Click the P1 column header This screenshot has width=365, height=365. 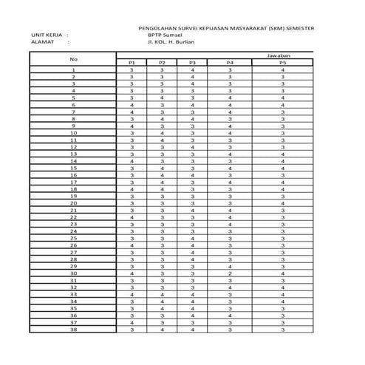click(132, 64)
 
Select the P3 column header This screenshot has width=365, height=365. click(192, 64)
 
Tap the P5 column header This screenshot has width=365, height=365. click(283, 64)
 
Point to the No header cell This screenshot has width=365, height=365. click(73, 59)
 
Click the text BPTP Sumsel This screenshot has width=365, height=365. click(165, 35)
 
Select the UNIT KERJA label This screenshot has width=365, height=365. click(47, 35)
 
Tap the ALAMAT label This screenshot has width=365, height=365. click(43, 42)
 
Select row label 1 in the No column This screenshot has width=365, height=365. click(73, 70)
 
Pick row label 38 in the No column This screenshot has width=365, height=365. click(73, 330)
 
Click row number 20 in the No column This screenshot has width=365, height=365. click(73, 203)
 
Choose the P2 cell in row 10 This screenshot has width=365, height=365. click(161, 133)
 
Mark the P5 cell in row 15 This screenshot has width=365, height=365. click(283, 168)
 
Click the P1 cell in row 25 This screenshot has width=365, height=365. click(132, 239)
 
